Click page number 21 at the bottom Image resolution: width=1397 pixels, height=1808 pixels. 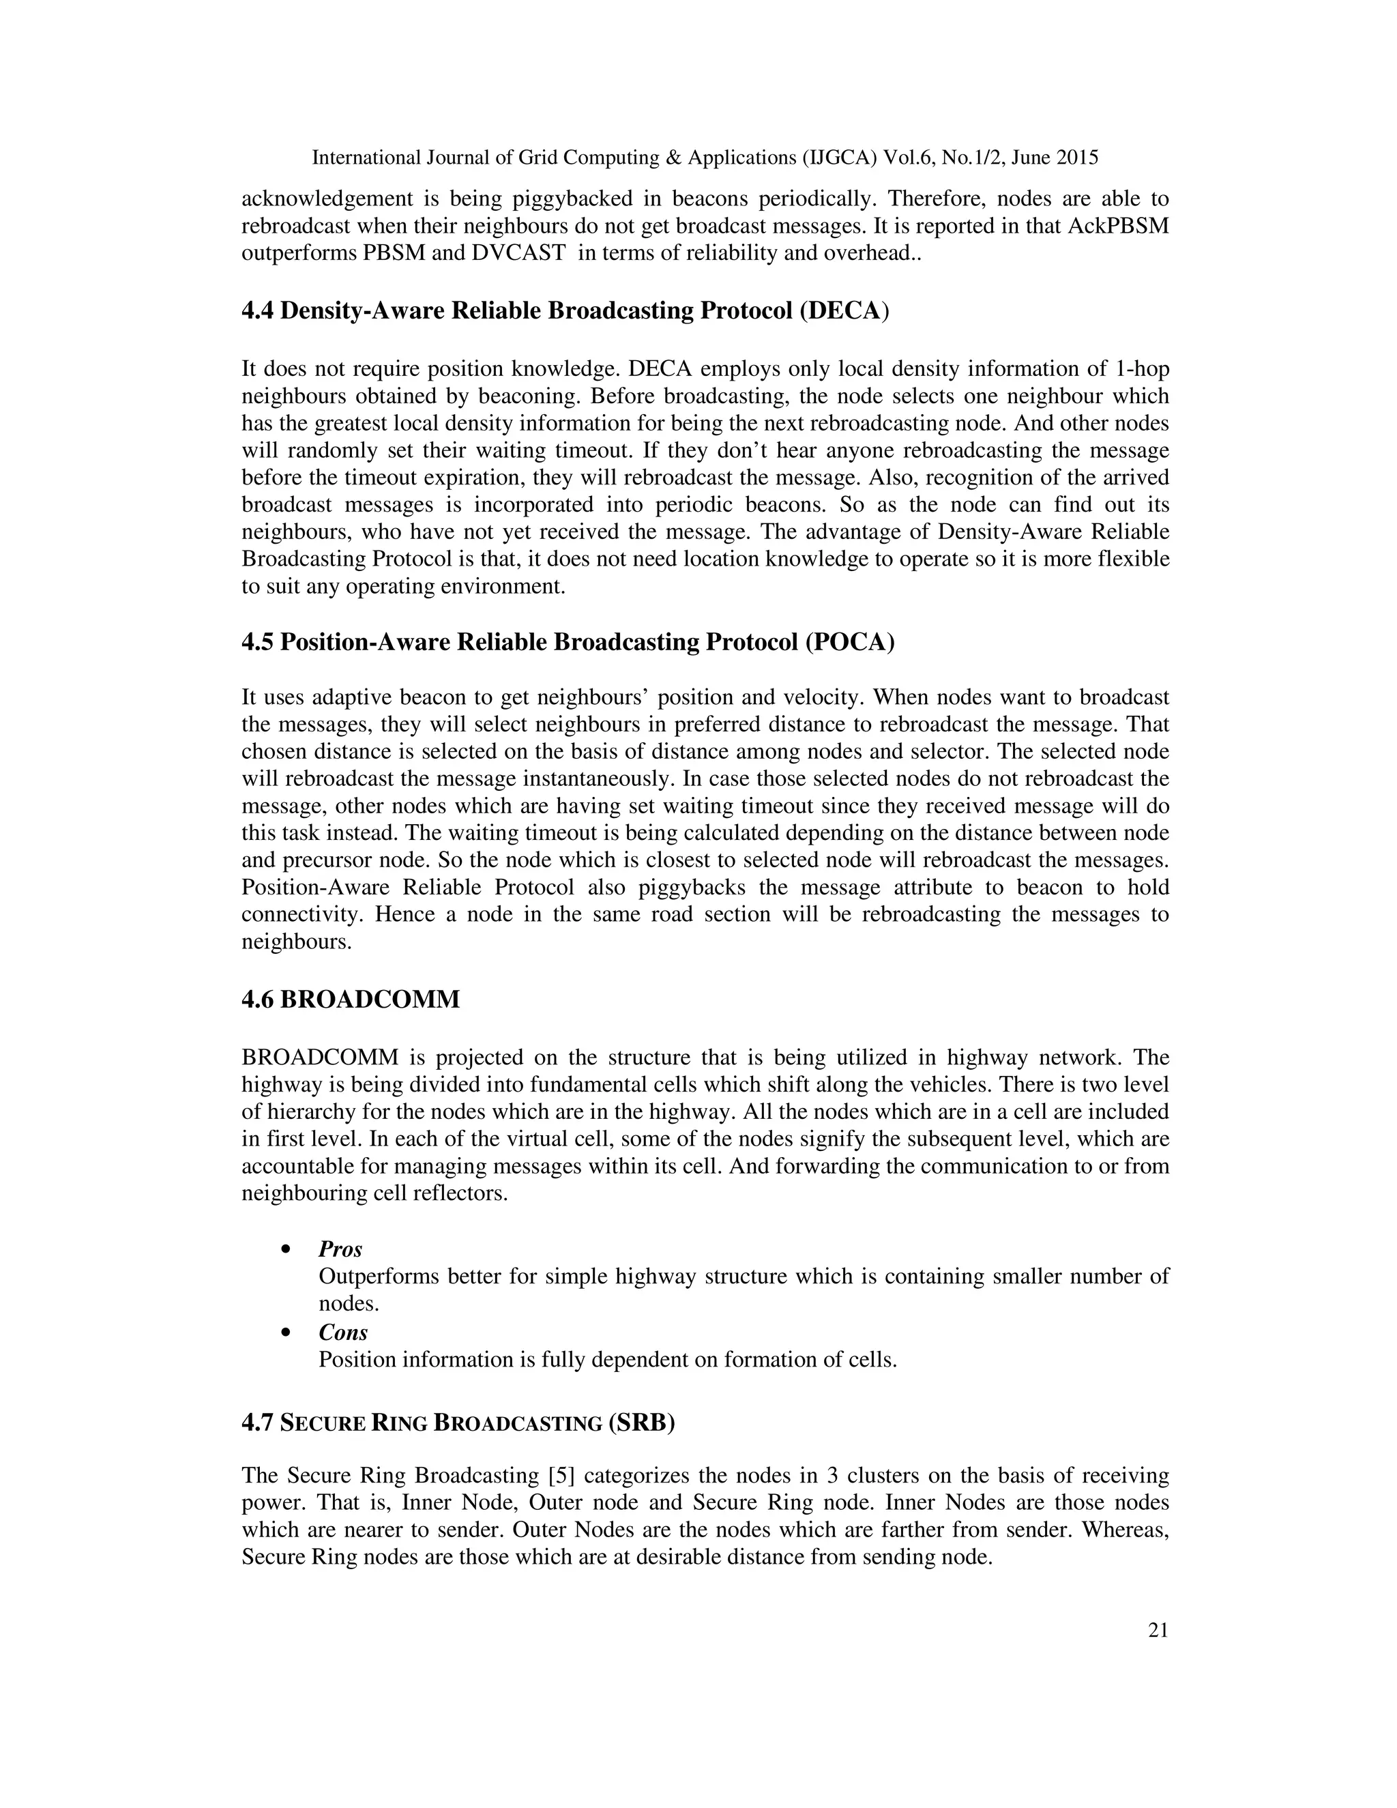(1158, 1631)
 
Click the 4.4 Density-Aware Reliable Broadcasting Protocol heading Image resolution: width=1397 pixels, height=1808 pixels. (565, 310)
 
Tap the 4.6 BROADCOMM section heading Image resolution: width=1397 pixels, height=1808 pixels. (350, 1000)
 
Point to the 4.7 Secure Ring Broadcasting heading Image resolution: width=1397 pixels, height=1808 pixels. (458, 1423)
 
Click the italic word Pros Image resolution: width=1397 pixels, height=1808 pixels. (340, 1249)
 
